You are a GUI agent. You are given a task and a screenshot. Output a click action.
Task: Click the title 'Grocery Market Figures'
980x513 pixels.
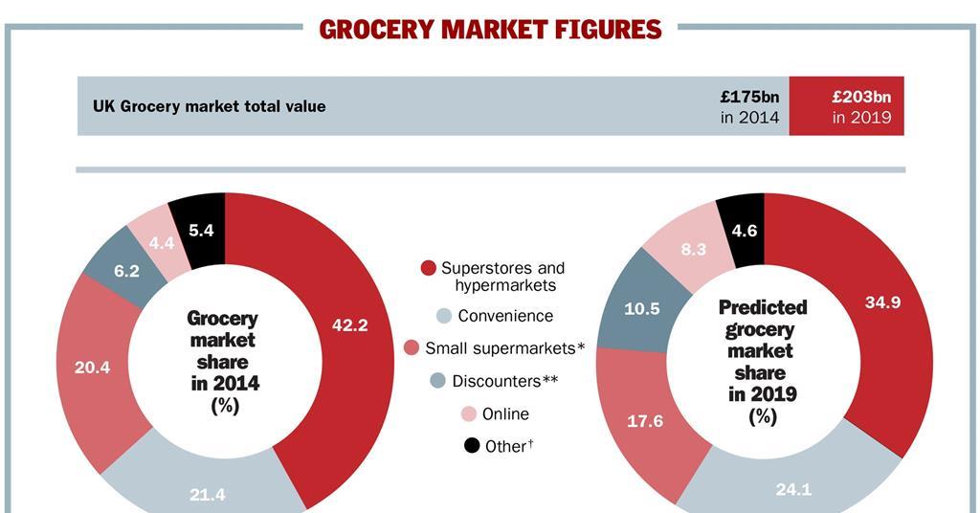pyautogui.click(x=490, y=30)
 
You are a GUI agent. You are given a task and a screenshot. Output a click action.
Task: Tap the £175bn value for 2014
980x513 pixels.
pyautogui.click(x=749, y=97)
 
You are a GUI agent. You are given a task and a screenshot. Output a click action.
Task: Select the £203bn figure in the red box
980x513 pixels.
pyautogui.click(x=861, y=97)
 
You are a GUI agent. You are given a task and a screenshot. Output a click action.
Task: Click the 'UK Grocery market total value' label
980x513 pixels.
pyautogui.click(x=209, y=106)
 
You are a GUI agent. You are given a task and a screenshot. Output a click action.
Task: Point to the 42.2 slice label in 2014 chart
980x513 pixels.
pyautogui.click(x=349, y=325)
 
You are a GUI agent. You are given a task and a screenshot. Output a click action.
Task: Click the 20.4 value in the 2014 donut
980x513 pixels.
pyautogui.click(x=92, y=367)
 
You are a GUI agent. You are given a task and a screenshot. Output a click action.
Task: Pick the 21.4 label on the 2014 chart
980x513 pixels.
pyautogui.click(x=207, y=494)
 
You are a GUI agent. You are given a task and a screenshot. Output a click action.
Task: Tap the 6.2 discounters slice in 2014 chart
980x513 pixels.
pyautogui.click(x=126, y=271)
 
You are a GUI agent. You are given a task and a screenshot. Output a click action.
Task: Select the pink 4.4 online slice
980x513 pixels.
pyautogui.click(x=162, y=243)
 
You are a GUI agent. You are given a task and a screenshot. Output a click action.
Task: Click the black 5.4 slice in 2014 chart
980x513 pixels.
pyautogui.click(x=201, y=230)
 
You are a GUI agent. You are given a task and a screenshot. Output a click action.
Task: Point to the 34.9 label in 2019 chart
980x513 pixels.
pyautogui.click(x=881, y=301)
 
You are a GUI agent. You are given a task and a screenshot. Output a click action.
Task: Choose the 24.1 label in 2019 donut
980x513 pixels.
pyautogui.click(x=793, y=489)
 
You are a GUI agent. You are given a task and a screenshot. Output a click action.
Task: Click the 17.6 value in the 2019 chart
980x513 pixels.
pyautogui.click(x=644, y=420)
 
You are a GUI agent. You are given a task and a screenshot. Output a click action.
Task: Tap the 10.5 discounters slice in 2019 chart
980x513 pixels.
pyautogui.click(x=642, y=308)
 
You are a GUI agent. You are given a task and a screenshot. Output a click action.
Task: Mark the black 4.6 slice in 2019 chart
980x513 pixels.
pyautogui.click(x=744, y=230)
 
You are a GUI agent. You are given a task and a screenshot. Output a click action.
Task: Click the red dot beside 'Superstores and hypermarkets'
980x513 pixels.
pyautogui.click(x=429, y=268)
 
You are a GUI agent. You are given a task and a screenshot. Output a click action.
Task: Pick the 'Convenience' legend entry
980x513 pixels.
pyautogui.click(x=504, y=316)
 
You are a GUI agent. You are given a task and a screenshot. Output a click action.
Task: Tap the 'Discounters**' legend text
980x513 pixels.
pyautogui.click(x=504, y=381)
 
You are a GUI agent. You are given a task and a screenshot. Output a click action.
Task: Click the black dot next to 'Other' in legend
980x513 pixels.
pyautogui.click(x=471, y=446)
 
